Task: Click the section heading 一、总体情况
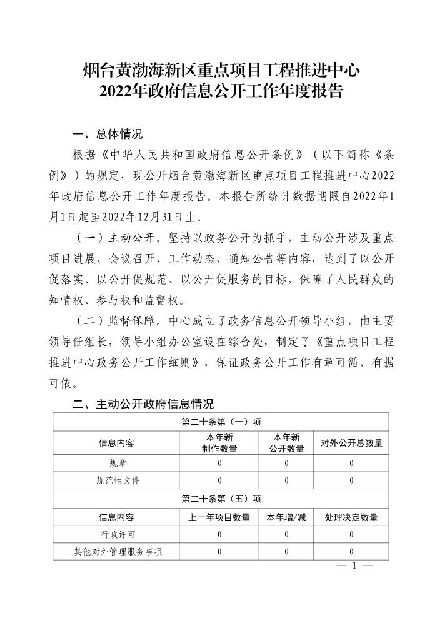point(108,134)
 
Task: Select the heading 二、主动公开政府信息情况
point(143,404)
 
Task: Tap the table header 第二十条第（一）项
point(221,421)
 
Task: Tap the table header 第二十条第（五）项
point(221,499)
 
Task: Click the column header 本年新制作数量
point(219,442)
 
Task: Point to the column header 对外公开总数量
point(351,443)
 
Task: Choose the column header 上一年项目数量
point(219,517)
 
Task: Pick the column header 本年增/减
point(286,517)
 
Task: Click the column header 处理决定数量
point(351,517)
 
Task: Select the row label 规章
point(116,464)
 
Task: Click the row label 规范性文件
point(116,480)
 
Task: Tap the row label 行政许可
point(116,535)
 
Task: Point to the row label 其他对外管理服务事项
point(116,552)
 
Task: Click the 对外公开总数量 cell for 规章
point(351,464)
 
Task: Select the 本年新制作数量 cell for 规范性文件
point(219,480)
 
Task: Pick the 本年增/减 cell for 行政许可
point(286,535)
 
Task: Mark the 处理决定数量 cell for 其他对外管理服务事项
point(351,552)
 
